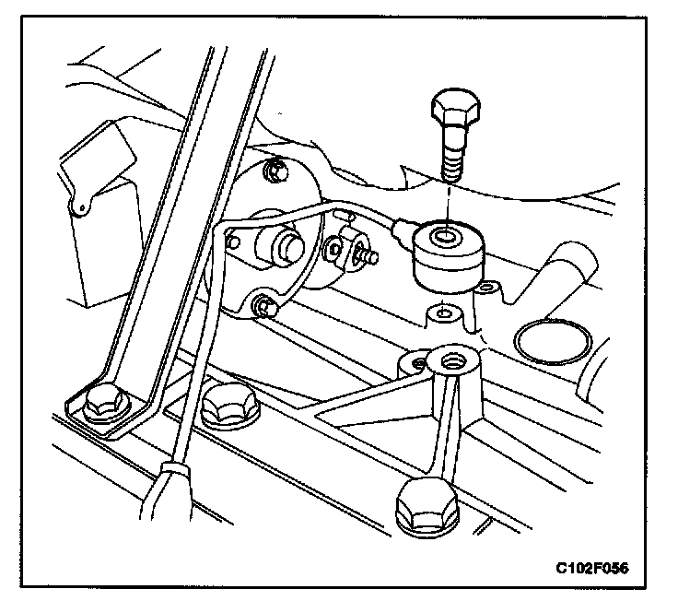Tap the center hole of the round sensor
(x=446, y=239)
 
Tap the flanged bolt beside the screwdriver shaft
(x=228, y=406)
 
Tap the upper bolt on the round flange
(x=273, y=171)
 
